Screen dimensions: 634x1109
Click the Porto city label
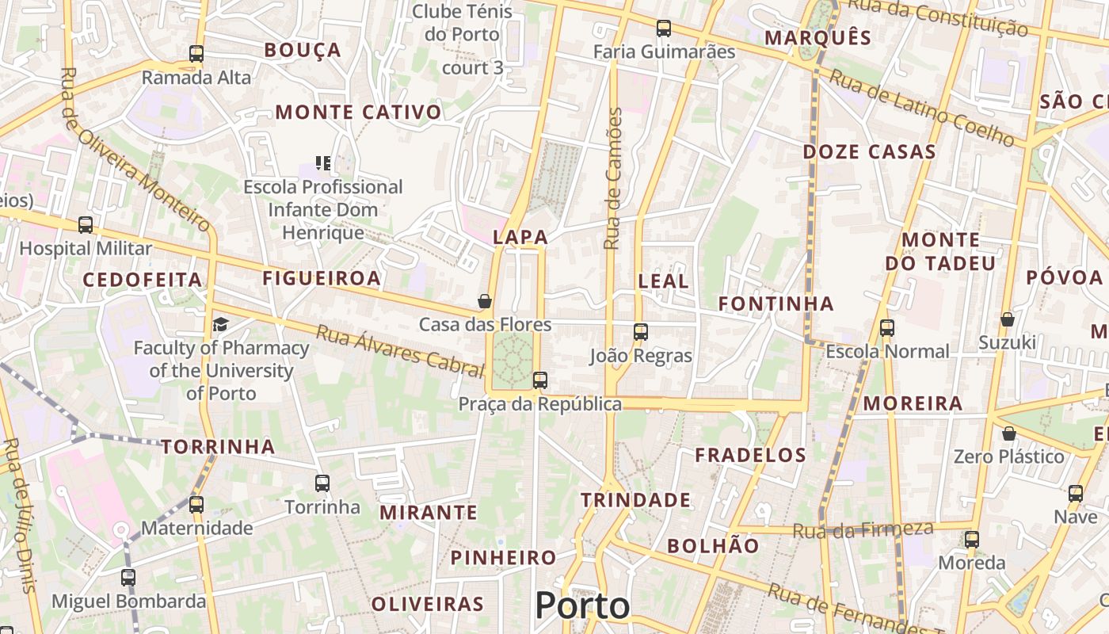pyautogui.click(x=582, y=606)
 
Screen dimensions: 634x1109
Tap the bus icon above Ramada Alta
pyautogui.click(x=196, y=54)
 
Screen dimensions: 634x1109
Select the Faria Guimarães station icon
pyautogui.click(x=664, y=29)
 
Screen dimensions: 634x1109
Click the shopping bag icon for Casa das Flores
pyautogui.click(x=485, y=301)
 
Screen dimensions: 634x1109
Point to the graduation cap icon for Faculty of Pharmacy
pyautogui.click(x=219, y=324)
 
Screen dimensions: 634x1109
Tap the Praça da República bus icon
pyautogui.click(x=540, y=380)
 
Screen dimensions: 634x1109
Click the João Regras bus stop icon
pyautogui.click(x=641, y=332)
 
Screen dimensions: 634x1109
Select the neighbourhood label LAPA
pyautogui.click(x=520, y=237)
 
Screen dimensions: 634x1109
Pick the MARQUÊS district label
pyautogui.click(x=818, y=37)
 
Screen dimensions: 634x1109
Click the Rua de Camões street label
pyautogui.click(x=614, y=178)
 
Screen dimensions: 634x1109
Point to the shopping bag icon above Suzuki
pyautogui.click(x=1008, y=319)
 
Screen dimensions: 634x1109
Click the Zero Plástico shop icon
pyautogui.click(x=1009, y=433)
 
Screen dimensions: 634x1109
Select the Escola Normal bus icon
pyautogui.click(x=887, y=327)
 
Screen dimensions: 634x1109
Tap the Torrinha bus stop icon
pyautogui.click(x=322, y=483)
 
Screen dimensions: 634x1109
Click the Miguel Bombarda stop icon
pyautogui.click(x=128, y=577)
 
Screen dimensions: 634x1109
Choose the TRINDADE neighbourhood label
pyautogui.click(x=636, y=500)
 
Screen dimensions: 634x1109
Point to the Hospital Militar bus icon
pyautogui.click(x=86, y=225)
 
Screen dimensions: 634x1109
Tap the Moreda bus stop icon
pyautogui.click(x=972, y=540)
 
